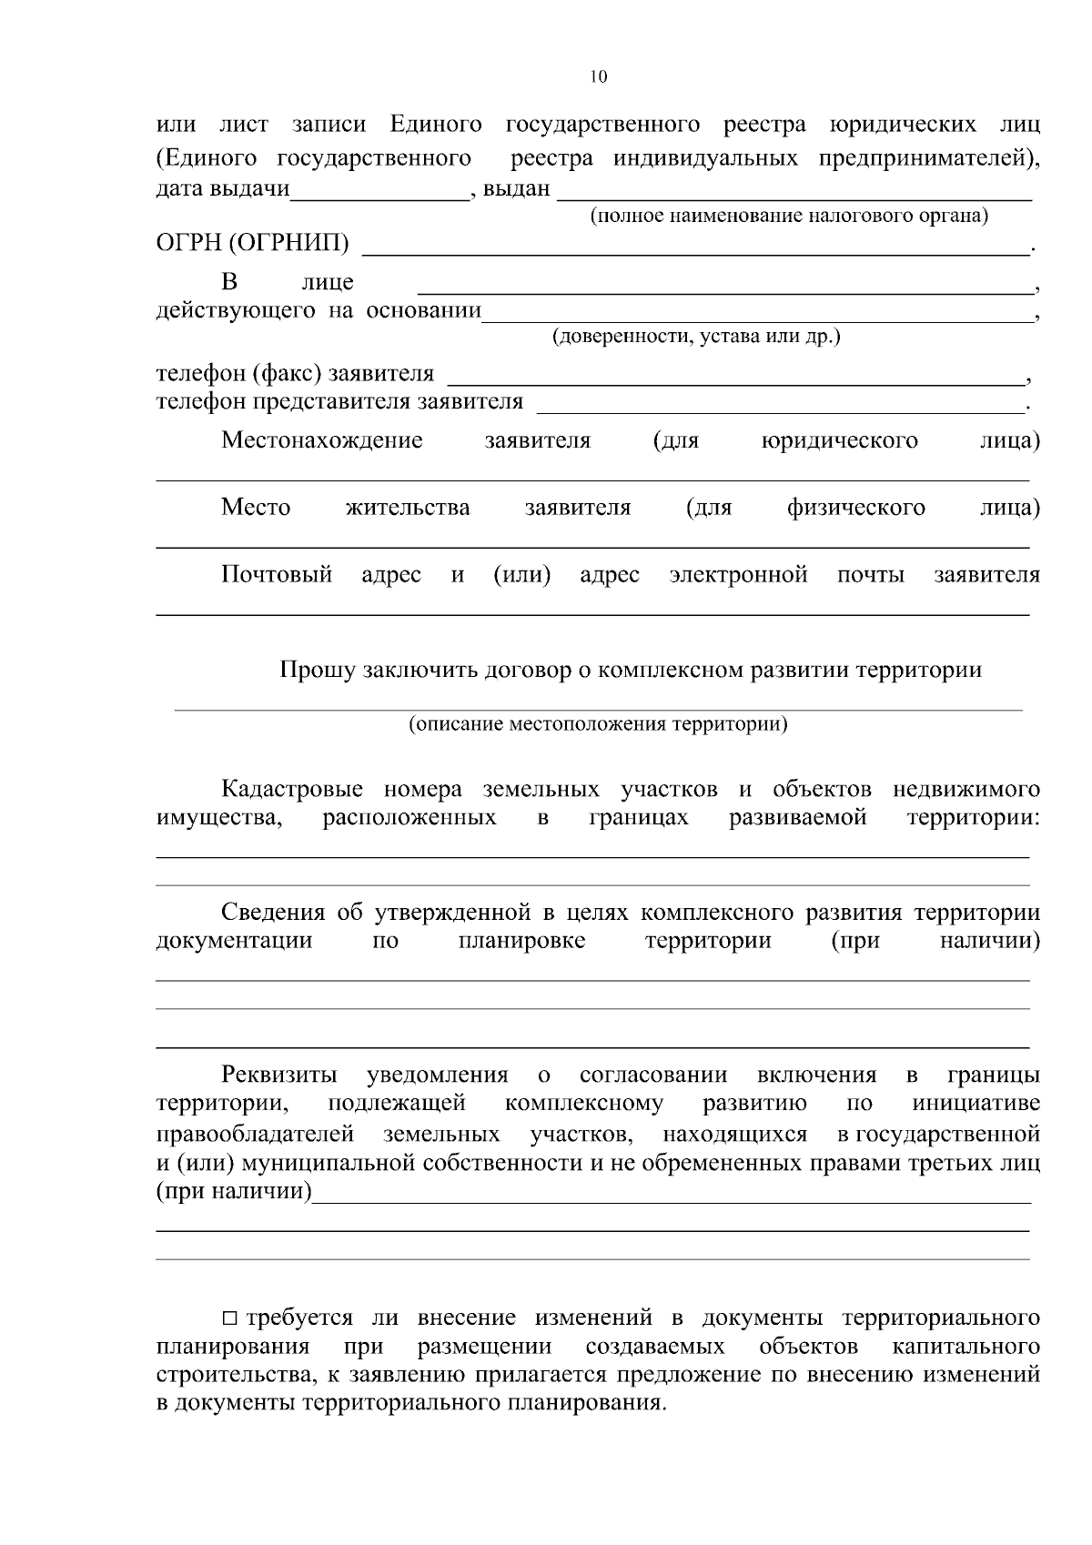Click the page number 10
(598, 77)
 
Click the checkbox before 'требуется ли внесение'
(230, 1318)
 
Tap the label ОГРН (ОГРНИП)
(253, 244)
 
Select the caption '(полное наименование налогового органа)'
(789, 217)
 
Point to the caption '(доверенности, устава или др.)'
(696, 337)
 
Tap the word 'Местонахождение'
(322, 441)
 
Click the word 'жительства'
(408, 508)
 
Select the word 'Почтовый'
(277, 575)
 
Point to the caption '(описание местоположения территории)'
(598, 725)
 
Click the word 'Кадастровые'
(292, 789)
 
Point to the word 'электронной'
(738, 575)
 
